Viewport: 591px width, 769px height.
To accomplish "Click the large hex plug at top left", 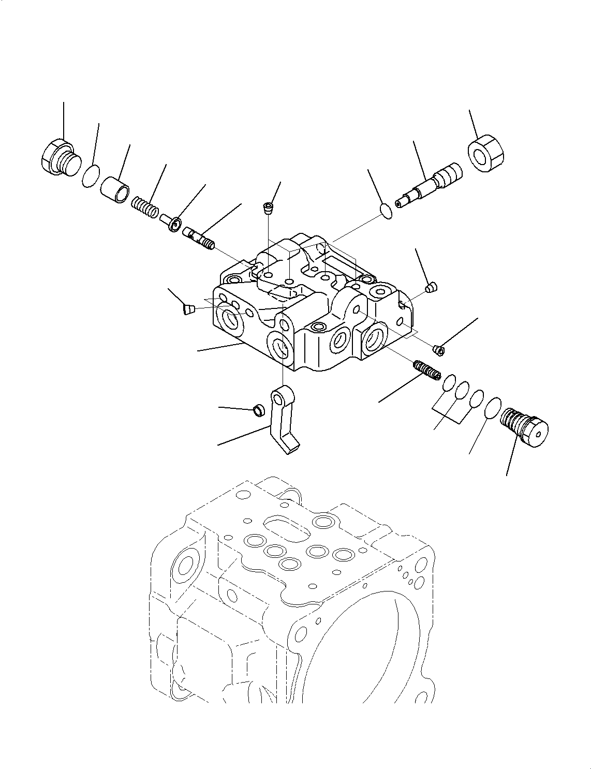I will pos(57,156).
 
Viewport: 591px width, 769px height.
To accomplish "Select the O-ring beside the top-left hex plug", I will pos(91,176).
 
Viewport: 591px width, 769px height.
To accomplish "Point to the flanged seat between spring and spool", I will pos(170,221).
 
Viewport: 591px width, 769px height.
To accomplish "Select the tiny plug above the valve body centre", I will pos(268,209).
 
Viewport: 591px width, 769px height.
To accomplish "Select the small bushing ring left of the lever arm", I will pos(257,411).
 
